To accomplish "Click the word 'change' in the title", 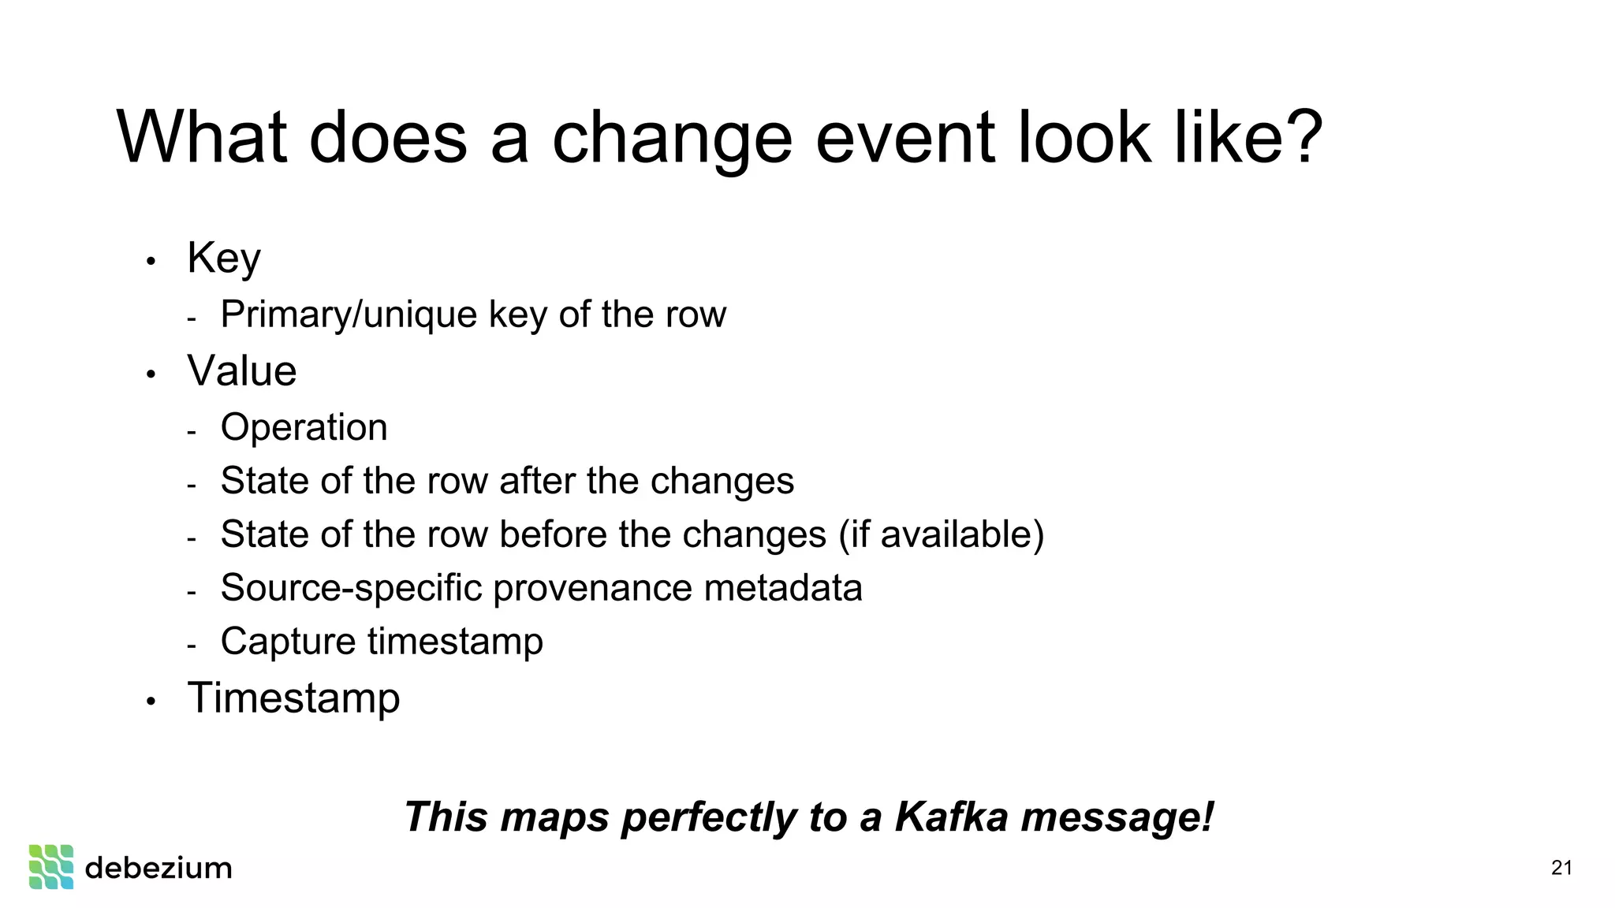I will (671, 140).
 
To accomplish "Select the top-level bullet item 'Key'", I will (224, 258).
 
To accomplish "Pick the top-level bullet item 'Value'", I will (242, 371).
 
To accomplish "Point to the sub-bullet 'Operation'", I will (304, 428).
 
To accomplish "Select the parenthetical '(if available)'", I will (941, 534).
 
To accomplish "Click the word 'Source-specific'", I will (351, 588).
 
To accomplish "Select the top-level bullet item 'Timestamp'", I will (293, 698).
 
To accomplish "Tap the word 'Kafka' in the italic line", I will (951, 817).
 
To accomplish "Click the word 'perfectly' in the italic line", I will (709, 817).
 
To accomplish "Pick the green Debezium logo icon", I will (51, 867).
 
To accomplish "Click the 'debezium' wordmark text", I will (159, 868).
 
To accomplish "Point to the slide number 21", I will (1561, 868).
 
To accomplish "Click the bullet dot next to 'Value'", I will (151, 374).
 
